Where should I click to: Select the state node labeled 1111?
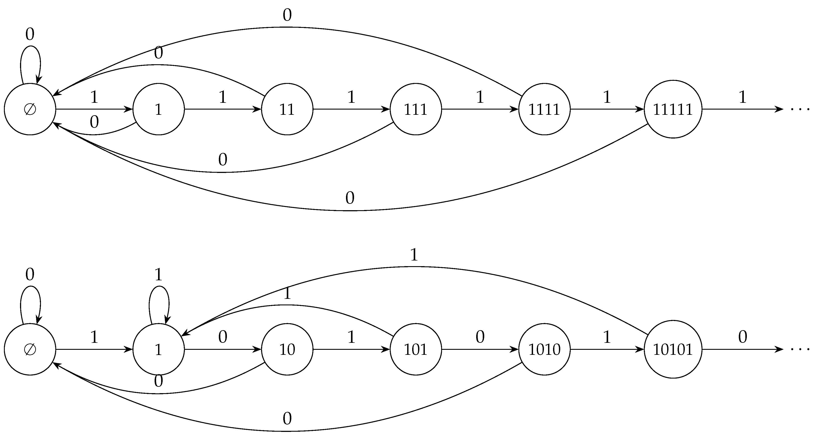pyautogui.click(x=544, y=109)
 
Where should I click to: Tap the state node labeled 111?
pyautogui.click(x=415, y=109)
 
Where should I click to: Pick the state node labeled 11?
pyautogui.click(x=287, y=109)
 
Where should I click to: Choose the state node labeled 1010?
pyautogui.click(x=544, y=349)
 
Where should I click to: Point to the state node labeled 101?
pyautogui.click(x=415, y=349)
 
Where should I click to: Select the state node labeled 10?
pyautogui.click(x=287, y=349)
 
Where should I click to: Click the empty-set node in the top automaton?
pyautogui.click(x=30, y=109)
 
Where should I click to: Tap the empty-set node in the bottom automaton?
pyautogui.click(x=30, y=349)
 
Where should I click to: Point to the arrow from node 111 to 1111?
pyautogui.click(x=480, y=109)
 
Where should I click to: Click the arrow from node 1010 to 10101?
pyautogui.click(x=607, y=349)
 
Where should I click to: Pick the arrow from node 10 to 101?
pyautogui.click(x=351, y=349)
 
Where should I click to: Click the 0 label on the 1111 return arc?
pyautogui.click(x=287, y=15)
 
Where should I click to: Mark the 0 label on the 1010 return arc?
pyautogui.click(x=287, y=419)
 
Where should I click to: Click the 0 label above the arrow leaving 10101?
pyautogui.click(x=742, y=337)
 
